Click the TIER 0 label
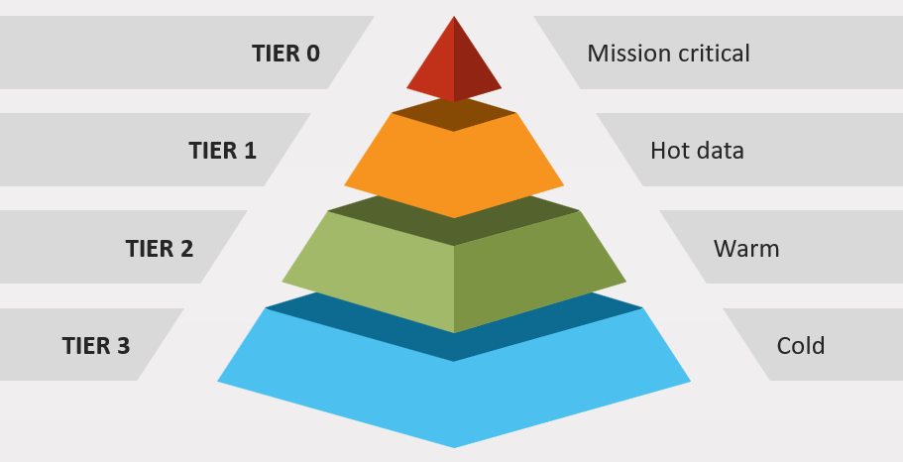click(285, 53)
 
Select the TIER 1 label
click(222, 151)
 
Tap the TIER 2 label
click(159, 248)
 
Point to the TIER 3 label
click(95, 346)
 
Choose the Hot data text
click(697, 151)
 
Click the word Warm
click(746, 248)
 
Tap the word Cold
click(801, 346)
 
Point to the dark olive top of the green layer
click(453, 227)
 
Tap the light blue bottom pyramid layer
click(453, 397)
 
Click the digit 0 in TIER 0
click(313, 53)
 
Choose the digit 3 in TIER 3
click(123, 346)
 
